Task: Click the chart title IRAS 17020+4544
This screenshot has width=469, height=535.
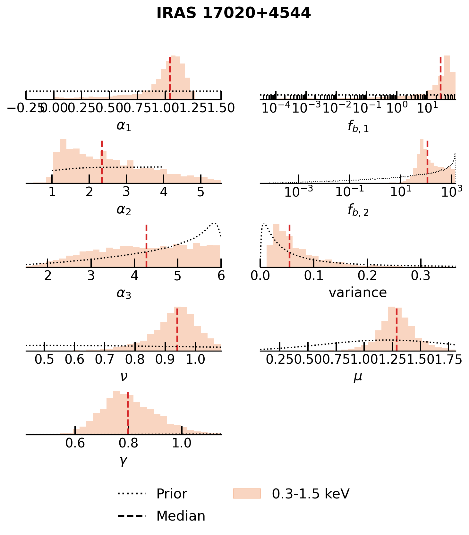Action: (234, 13)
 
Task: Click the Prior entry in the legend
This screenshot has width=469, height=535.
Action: (171, 494)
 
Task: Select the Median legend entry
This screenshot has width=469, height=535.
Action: (180, 516)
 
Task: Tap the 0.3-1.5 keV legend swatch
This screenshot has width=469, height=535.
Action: (247, 494)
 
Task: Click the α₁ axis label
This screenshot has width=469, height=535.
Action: (124, 126)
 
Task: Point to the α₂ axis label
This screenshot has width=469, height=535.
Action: (124, 210)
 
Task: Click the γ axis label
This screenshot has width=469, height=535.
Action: (124, 461)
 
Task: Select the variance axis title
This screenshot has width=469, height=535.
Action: (358, 293)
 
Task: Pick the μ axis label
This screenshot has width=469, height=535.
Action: (358, 377)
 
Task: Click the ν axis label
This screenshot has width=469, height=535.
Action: (124, 376)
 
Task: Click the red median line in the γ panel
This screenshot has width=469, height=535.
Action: (128, 414)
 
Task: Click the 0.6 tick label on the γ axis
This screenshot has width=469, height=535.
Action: (75, 443)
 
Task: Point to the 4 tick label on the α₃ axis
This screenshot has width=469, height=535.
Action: (134, 276)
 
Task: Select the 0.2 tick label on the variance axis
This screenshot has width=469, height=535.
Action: (367, 276)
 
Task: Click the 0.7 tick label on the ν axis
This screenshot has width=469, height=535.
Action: (105, 360)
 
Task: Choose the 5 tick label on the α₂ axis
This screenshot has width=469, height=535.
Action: (200, 192)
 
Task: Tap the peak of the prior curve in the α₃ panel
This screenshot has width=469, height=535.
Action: (214, 223)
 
